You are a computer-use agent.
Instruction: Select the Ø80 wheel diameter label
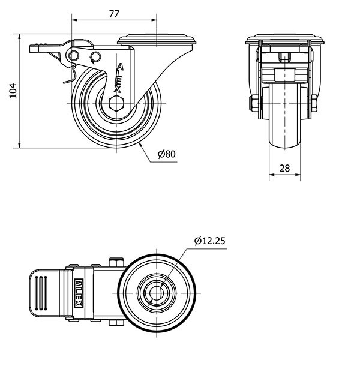point(166,154)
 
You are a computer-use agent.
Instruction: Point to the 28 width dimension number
point(284,169)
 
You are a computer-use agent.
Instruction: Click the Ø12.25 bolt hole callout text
point(209,241)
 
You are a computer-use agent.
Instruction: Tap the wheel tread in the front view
point(284,114)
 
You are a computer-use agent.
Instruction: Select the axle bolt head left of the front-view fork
point(253,104)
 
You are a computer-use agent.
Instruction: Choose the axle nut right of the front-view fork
point(314,104)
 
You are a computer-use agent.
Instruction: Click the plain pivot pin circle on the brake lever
point(74,56)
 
